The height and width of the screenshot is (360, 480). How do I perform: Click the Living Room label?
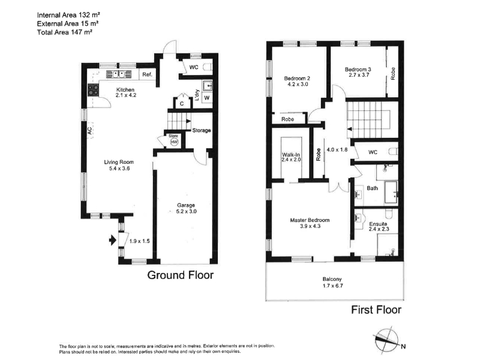click(x=119, y=162)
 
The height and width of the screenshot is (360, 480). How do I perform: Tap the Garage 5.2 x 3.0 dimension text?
click(x=186, y=212)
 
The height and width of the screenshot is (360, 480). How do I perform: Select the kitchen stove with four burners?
click(x=94, y=91)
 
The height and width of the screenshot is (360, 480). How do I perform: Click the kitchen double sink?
click(x=119, y=74)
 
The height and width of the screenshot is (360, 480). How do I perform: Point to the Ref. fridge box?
click(x=147, y=74)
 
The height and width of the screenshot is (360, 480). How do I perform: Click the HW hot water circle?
click(x=174, y=142)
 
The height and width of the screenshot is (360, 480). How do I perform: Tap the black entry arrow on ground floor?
click(x=113, y=240)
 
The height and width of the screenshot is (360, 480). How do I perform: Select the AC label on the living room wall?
click(x=89, y=131)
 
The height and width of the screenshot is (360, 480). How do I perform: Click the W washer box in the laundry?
click(x=207, y=98)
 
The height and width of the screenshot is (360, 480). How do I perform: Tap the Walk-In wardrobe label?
click(x=291, y=155)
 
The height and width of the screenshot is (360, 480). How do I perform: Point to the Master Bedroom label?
click(x=310, y=220)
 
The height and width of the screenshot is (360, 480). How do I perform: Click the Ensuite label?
click(x=378, y=224)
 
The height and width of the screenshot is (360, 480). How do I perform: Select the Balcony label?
click(x=332, y=279)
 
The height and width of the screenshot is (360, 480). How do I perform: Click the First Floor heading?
click(x=376, y=310)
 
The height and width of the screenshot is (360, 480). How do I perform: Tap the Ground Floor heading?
click(x=181, y=275)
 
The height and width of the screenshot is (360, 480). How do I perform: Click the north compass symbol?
click(x=388, y=339)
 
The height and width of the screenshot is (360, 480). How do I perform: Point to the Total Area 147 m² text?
click(x=65, y=32)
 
